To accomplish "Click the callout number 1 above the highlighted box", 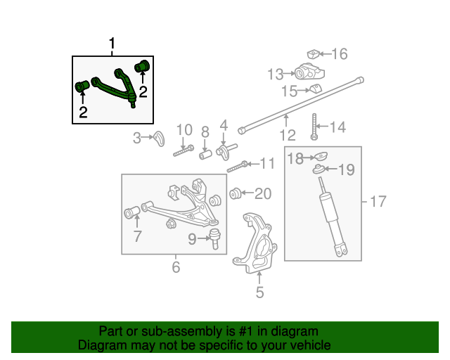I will tap(111, 46).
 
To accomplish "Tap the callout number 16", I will tap(340, 54).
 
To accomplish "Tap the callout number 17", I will tap(378, 202).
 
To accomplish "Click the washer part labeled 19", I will tap(319, 169).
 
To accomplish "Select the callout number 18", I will tap(295, 159).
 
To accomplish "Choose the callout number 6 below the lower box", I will tap(175, 267).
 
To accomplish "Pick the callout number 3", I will tap(137, 139).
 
